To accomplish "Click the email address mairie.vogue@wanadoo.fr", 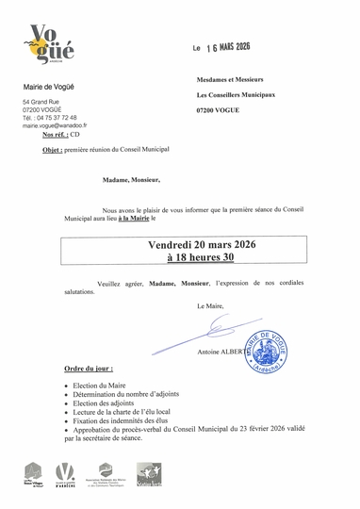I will coord(55,125).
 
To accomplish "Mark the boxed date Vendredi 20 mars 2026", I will coord(209,244).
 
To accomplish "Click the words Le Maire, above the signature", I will coord(212,307).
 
